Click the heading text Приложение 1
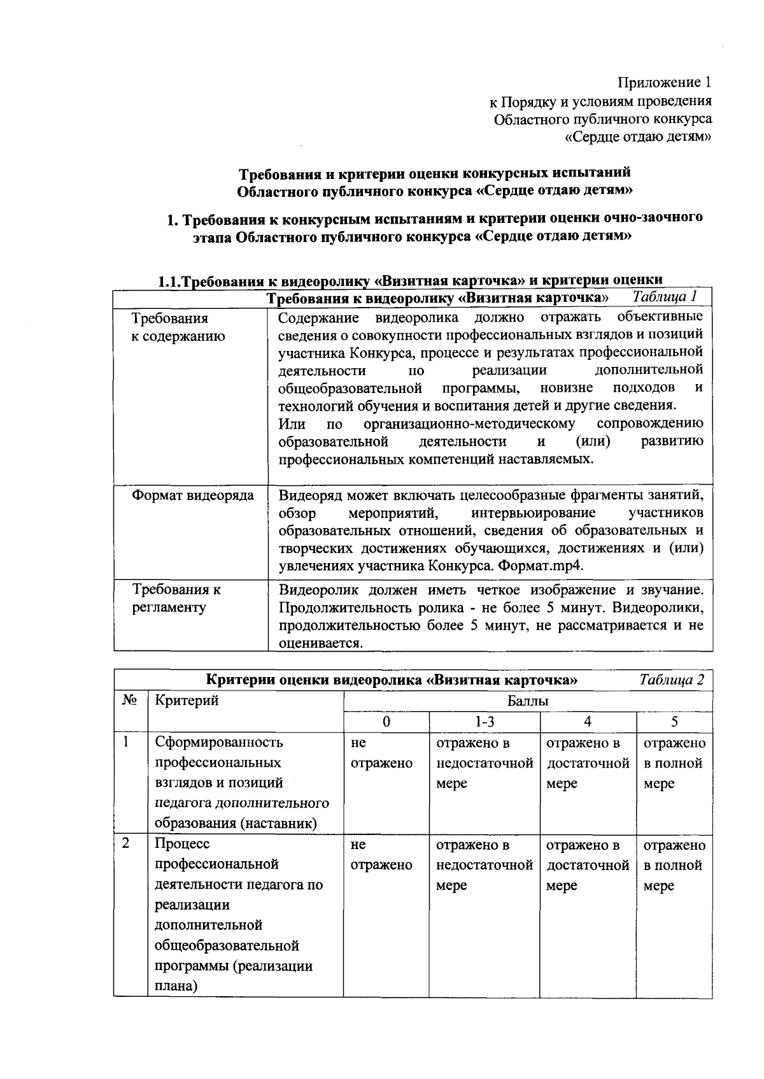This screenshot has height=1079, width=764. [x=664, y=82]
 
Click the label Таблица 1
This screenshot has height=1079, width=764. [x=665, y=296]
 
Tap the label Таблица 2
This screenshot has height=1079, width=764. [x=672, y=679]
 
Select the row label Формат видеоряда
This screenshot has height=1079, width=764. [x=192, y=495]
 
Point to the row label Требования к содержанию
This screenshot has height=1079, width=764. [x=178, y=327]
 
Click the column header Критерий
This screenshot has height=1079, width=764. [x=187, y=700]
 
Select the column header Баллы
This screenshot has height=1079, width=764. [x=527, y=701]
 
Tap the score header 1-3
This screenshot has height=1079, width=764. [x=484, y=721]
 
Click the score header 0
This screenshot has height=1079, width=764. [x=386, y=721]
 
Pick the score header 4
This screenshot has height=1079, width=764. [x=587, y=721]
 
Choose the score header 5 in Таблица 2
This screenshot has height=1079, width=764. [x=674, y=721]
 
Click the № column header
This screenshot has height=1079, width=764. [x=130, y=700]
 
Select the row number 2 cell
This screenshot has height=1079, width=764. [x=127, y=843]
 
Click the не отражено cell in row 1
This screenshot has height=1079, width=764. [x=381, y=753]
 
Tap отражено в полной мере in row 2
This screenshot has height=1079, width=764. [x=674, y=865]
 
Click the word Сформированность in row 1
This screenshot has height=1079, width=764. [x=219, y=742]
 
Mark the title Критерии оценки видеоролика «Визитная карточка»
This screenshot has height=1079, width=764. [x=392, y=680]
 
